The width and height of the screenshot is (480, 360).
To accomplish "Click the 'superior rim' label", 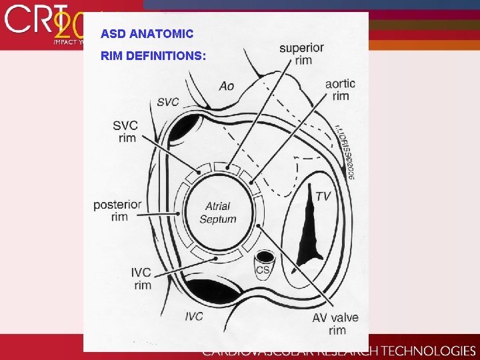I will tap(301, 54).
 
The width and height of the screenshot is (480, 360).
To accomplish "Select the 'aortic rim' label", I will tap(340, 90).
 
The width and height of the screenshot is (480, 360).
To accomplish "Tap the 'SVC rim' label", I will tap(126, 131).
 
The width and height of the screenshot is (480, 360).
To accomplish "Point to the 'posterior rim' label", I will tap(117, 210).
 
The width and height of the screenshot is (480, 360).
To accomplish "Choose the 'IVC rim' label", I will tap(142, 279).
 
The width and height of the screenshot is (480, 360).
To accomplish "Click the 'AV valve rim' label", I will tap(335, 324).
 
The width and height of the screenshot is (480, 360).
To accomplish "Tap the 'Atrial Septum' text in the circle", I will tap(218, 213).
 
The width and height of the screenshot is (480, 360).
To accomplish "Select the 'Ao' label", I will tap(227, 86).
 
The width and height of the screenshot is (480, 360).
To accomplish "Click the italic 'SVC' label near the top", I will tap(168, 102).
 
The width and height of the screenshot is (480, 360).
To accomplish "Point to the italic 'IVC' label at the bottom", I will tap(194, 316).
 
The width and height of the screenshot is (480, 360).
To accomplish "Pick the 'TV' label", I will tap(323, 196).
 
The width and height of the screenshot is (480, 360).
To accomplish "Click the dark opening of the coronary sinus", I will tap(265, 256).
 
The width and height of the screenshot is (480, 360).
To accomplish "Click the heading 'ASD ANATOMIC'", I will tap(147, 33).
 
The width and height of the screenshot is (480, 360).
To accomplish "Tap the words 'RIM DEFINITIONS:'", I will tap(153, 56).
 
